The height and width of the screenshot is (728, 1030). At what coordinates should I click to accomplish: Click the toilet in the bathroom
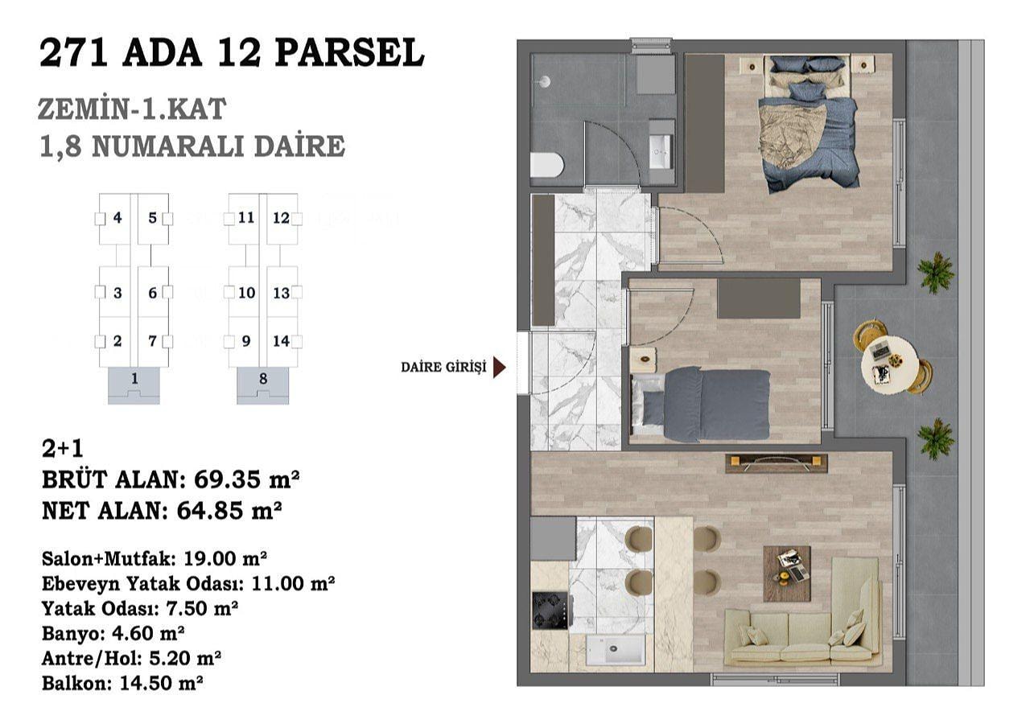pos(546,166)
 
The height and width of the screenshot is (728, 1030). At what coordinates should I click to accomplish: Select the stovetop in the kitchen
pos(550,611)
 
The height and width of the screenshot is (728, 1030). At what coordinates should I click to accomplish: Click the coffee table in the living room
pos(787,574)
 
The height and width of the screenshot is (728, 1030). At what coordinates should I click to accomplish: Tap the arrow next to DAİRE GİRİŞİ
pos(500,367)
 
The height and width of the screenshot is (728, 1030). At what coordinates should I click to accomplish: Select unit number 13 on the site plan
pos(281,293)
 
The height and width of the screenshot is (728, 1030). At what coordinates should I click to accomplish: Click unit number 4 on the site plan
pos(117,217)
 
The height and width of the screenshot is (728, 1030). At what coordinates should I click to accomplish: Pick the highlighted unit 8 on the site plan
pos(263,385)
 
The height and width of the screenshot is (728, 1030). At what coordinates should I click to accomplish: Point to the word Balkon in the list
pos(76,683)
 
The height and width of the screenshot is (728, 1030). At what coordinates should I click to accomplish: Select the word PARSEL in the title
pos(349,53)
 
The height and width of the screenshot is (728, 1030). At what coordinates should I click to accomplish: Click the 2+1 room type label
pos(63,449)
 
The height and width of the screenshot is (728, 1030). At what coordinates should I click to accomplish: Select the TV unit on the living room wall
pos(777,463)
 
